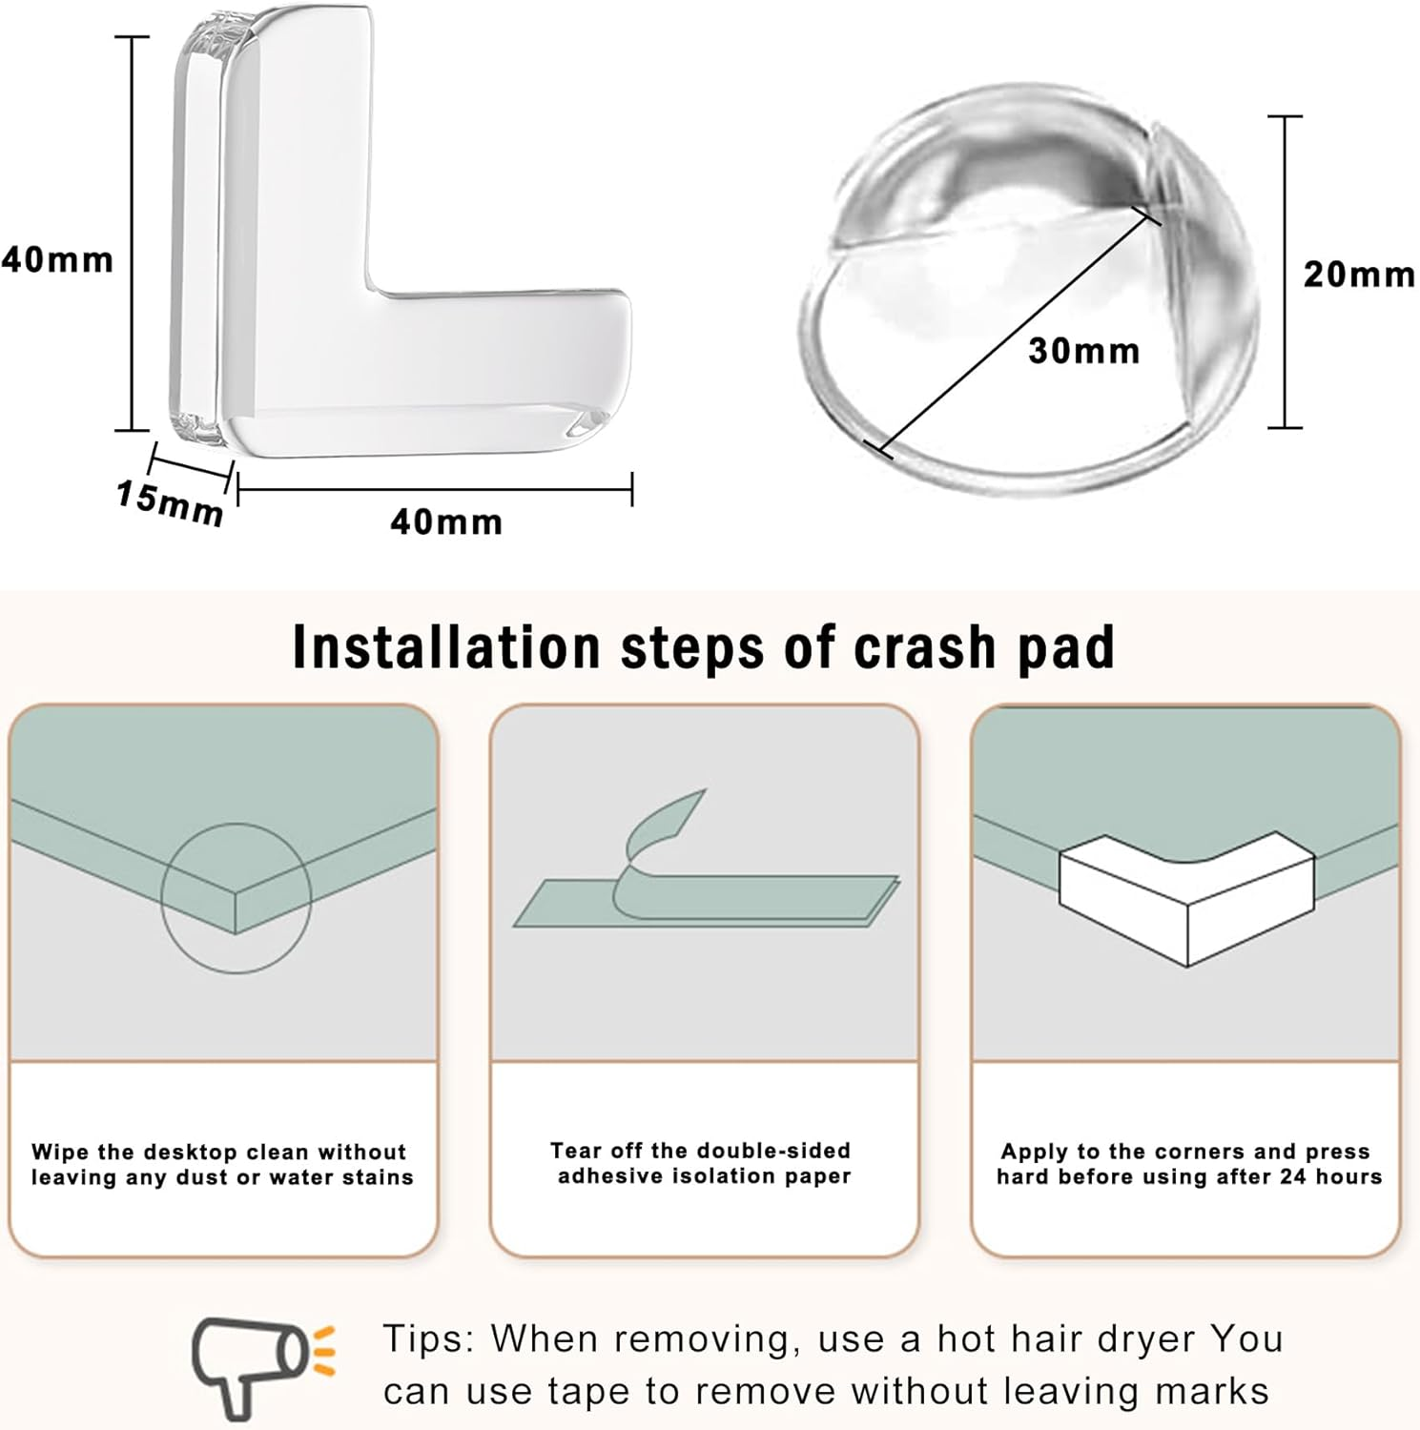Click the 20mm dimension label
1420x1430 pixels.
click(x=1359, y=275)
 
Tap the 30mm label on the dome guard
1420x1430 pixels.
click(x=1084, y=351)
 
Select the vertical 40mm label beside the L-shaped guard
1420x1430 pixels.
click(x=57, y=259)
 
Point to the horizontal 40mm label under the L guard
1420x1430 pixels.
click(x=446, y=521)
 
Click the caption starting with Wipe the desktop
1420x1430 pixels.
click(x=222, y=1164)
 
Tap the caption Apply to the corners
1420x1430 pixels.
click(x=1188, y=1164)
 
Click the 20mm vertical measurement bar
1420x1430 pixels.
click(x=1285, y=272)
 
